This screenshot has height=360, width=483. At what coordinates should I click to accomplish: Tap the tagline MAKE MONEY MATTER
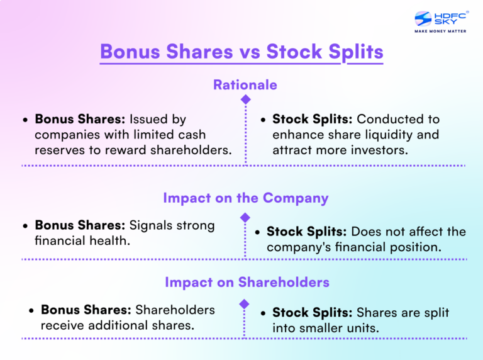tap(440, 31)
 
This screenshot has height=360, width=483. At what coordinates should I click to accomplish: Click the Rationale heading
tap(245, 84)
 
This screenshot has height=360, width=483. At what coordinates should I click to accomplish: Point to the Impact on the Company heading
tap(245, 198)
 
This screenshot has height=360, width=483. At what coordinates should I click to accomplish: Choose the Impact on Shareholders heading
tap(247, 282)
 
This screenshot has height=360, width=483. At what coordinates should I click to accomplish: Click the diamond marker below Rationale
tap(246, 100)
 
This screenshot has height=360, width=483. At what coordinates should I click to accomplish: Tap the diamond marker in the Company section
tap(246, 217)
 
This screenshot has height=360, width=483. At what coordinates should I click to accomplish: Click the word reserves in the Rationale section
tap(58, 150)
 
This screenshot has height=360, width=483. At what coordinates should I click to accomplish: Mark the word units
tap(365, 328)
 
